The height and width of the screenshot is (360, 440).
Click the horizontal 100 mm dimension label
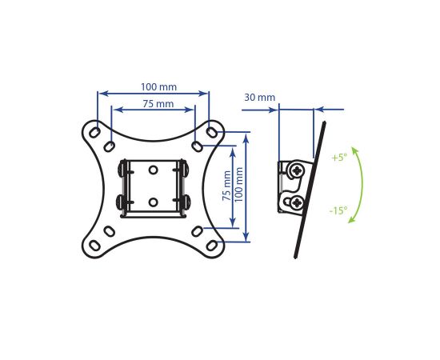point(158,86)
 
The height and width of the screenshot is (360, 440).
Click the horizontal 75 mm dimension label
point(158,103)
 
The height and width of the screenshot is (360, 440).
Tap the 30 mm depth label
point(259,98)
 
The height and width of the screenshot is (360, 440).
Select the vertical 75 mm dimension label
point(226,186)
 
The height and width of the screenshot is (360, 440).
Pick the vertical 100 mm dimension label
point(238,184)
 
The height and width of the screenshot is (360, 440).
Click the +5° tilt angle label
point(339,158)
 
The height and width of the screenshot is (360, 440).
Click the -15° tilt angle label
point(338,210)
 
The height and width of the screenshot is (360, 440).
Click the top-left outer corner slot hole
point(94,132)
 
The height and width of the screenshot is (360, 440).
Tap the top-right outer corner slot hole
point(211,132)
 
